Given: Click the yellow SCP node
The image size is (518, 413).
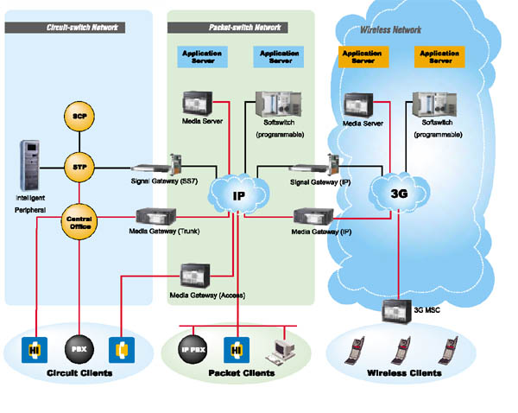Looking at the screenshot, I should coord(79,115).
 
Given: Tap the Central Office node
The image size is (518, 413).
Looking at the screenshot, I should coord(79,221).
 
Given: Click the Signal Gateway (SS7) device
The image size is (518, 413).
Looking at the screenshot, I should coord(159,163).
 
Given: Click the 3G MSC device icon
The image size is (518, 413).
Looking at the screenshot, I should coord(398,310).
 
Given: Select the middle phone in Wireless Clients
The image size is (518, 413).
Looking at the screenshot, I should coord(400,349).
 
